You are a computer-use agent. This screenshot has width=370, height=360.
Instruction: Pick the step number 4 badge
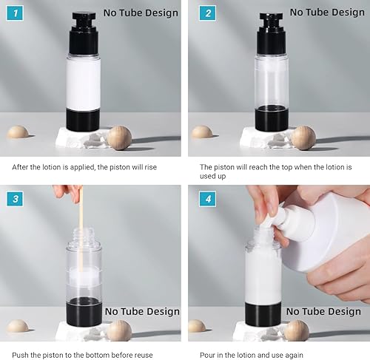(x=208, y=198)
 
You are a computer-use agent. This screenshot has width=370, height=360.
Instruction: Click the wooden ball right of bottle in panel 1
(x=118, y=138)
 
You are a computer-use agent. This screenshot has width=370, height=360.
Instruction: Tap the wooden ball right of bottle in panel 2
(x=303, y=138)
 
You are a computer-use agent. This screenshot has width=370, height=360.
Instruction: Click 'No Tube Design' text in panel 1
(x=141, y=13)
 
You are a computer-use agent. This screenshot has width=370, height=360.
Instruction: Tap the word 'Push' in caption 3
(x=21, y=354)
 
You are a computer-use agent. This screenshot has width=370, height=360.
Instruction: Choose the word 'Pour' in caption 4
(x=208, y=354)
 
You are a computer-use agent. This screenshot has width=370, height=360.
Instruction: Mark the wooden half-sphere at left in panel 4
(x=197, y=325)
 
